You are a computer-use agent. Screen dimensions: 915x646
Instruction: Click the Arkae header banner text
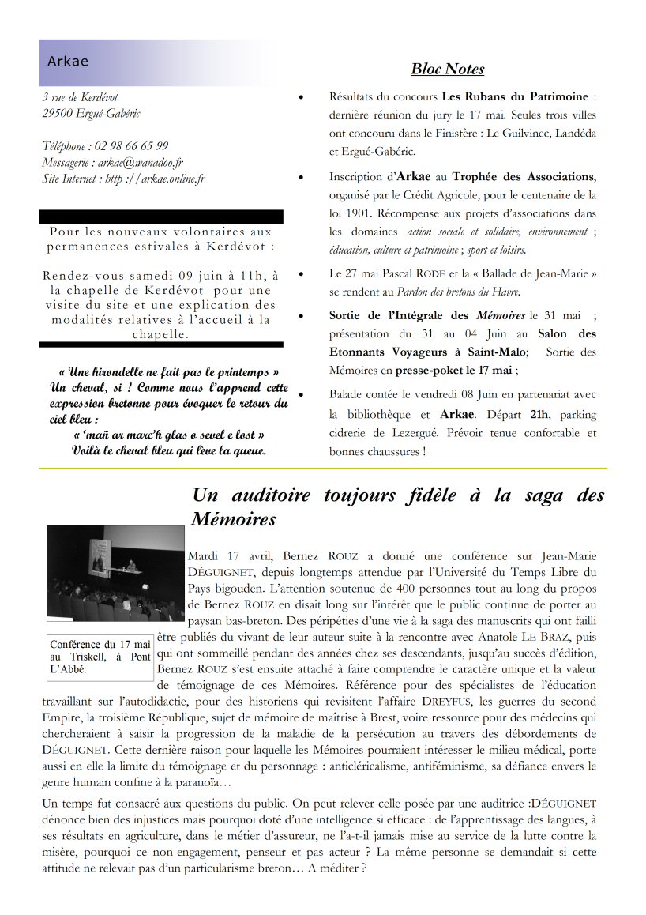[68, 62]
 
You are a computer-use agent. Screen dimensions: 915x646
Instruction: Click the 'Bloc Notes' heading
[447, 70]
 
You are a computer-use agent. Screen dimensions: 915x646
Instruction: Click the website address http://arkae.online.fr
[155, 179]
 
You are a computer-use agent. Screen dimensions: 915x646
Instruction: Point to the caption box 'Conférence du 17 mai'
[100, 657]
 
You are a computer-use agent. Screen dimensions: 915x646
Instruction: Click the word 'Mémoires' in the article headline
[234, 519]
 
